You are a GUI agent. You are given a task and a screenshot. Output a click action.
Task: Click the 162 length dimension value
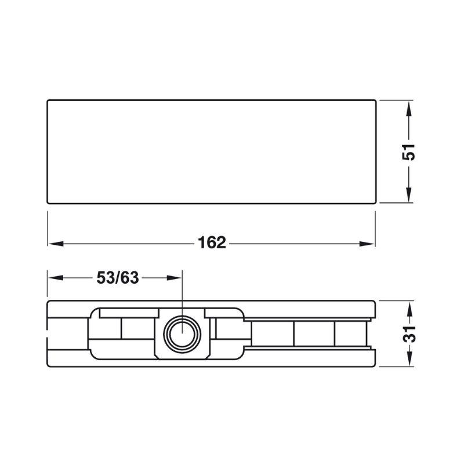[212, 243]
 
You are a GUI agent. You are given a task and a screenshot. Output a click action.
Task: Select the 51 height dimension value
[408, 152]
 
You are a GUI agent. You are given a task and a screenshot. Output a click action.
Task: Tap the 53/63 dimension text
[118, 278]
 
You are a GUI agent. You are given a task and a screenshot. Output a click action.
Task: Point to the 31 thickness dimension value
[409, 334]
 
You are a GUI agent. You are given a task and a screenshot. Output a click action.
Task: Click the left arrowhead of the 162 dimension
[56, 244]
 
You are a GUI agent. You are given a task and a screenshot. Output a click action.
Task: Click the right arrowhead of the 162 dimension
[367, 244]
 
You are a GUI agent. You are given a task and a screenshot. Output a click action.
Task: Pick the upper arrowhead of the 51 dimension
[409, 108]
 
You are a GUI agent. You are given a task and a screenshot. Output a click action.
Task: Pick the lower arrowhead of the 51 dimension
[409, 195]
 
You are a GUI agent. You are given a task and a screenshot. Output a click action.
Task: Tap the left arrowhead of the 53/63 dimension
[56, 278]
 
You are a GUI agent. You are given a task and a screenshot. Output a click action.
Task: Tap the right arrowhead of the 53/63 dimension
[174, 278]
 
